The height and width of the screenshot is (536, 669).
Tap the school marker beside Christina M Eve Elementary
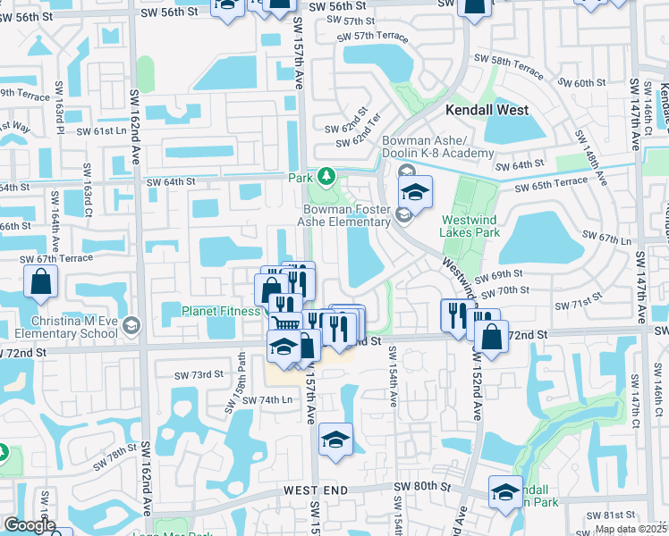tap(132, 324)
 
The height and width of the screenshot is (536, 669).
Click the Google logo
tap(30, 525)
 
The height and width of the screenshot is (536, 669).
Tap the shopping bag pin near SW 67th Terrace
tap(41, 282)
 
